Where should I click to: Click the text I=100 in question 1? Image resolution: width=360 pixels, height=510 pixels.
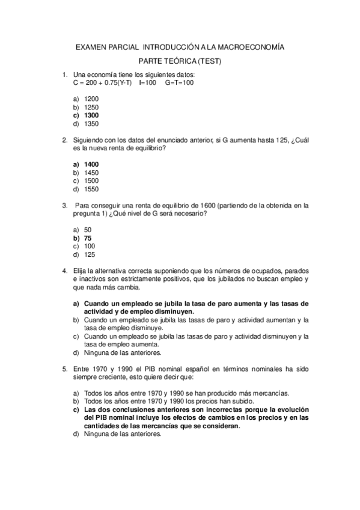pos(147,82)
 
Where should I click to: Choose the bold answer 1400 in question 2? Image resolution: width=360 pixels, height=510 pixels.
pos(91,164)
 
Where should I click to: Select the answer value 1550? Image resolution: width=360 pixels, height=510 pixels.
pos(91,189)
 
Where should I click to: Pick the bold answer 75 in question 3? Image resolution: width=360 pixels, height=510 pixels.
pos(88,238)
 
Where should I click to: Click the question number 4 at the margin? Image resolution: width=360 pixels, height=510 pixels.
pos(64,271)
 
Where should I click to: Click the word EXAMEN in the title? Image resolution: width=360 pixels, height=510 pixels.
pos(88,46)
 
